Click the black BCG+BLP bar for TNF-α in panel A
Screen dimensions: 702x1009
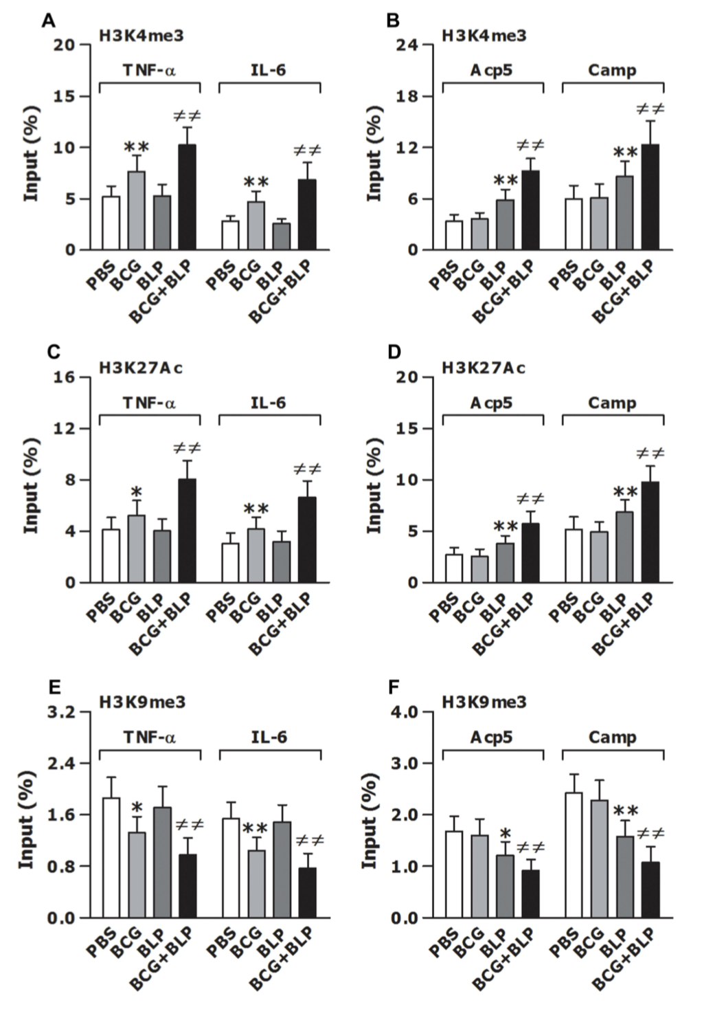[187, 197]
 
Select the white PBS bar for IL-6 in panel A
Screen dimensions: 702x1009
[230, 235]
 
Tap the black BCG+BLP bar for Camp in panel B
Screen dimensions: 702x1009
[650, 197]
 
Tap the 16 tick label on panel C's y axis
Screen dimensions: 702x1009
[63, 377]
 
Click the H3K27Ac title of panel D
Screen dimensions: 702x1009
[483, 368]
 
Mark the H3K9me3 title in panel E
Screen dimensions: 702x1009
[141, 702]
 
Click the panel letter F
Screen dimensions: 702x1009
[393, 688]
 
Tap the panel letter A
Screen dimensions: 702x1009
[48, 21]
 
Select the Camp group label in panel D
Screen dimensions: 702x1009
[612, 403]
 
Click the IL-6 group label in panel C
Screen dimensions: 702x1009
[269, 402]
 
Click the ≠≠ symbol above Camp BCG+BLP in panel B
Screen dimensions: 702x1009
[650, 109]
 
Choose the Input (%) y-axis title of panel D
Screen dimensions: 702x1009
[374, 485]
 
